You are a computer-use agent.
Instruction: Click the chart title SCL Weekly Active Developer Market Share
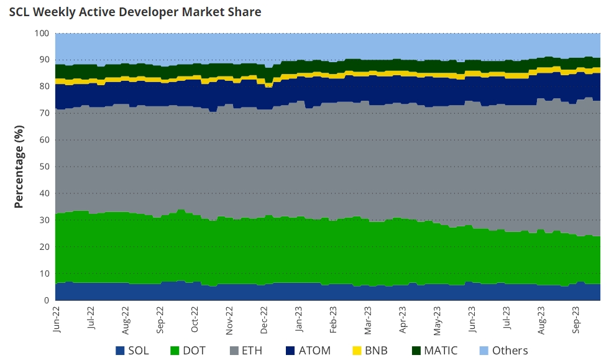coord(135,12)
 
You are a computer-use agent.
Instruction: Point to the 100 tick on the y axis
coord(42,33)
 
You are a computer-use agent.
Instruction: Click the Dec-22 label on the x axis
coord(264,319)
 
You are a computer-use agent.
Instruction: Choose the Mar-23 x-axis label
coord(368,319)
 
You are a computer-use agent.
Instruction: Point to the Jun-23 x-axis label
coord(472,319)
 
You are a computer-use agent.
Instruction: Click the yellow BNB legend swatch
coord(357,351)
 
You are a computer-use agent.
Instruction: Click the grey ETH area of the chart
coord(311,155)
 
